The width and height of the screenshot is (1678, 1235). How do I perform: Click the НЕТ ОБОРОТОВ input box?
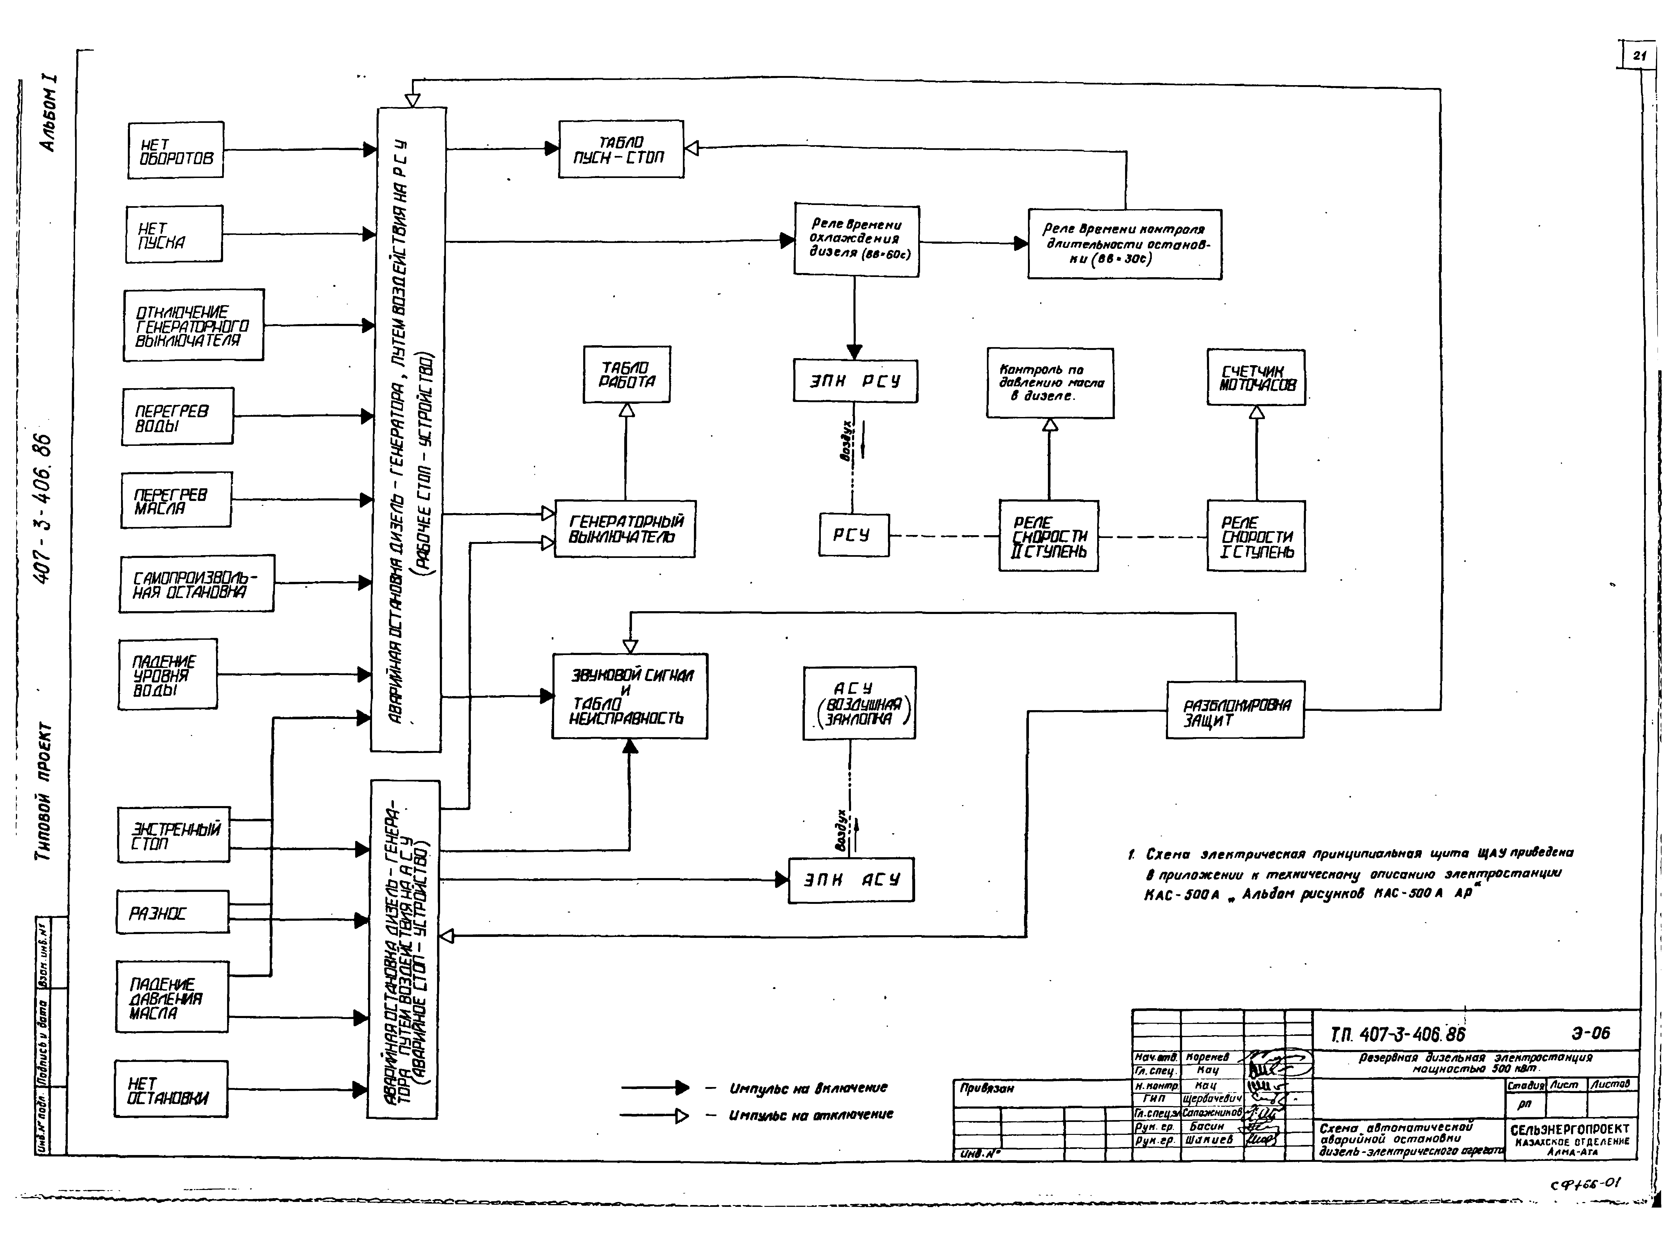pyautogui.click(x=175, y=150)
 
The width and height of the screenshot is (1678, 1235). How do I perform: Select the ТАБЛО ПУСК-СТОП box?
pyautogui.click(x=621, y=150)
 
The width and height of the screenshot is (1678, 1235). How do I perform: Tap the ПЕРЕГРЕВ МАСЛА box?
pyautogui.click(x=176, y=500)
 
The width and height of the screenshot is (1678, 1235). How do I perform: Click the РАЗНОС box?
pyautogui.click(x=172, y=912)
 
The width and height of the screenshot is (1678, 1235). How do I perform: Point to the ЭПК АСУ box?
pyautogui.click(x=851, y=881)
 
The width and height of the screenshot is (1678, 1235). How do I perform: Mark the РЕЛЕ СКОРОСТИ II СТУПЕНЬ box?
pyautogui.click(x=1048, y=536)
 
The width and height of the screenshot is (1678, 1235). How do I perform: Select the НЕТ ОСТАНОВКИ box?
pyautogui.click(x=171, y=1089)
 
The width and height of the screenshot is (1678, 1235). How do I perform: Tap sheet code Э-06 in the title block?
pyautogui.click(x=1590, y=1033)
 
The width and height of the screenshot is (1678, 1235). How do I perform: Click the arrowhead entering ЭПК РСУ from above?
pyautogui.click(x=855, y=351)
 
